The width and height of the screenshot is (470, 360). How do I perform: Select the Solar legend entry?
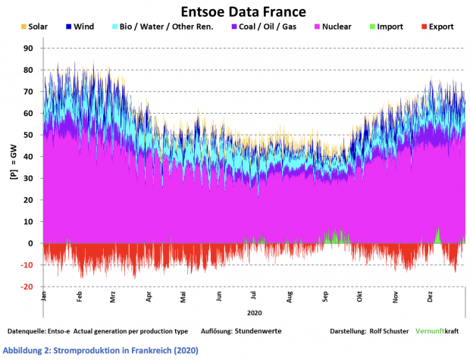tap(34, 27)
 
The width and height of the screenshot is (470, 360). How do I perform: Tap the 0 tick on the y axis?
tap(30, 244)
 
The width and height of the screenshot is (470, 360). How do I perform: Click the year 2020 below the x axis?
tap(254, 312)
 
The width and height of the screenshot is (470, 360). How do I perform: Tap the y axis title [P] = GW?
tap(12, 161)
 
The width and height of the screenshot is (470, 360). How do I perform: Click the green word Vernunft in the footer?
tap(430, 332)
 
